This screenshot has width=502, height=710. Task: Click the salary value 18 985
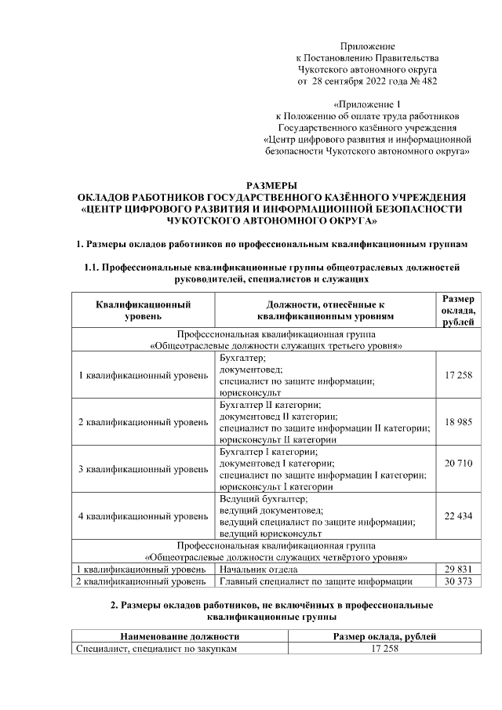pyautogui.click(x=458, y=422)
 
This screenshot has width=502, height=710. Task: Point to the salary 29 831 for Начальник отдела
pyautogui.click(x=458, y=569)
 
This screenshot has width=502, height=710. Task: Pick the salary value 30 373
pyautogui.click(x=458, y=581)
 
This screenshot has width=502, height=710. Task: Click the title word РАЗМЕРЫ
pyautogui.click(x=272, y=184)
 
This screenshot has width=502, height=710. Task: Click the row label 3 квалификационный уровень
pyautogui.click(x=143, y=469)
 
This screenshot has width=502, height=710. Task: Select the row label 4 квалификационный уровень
pyautogui.click(x=143, y=516)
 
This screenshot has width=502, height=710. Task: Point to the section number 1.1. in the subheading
pyautogui.click(x=93, y=268)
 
